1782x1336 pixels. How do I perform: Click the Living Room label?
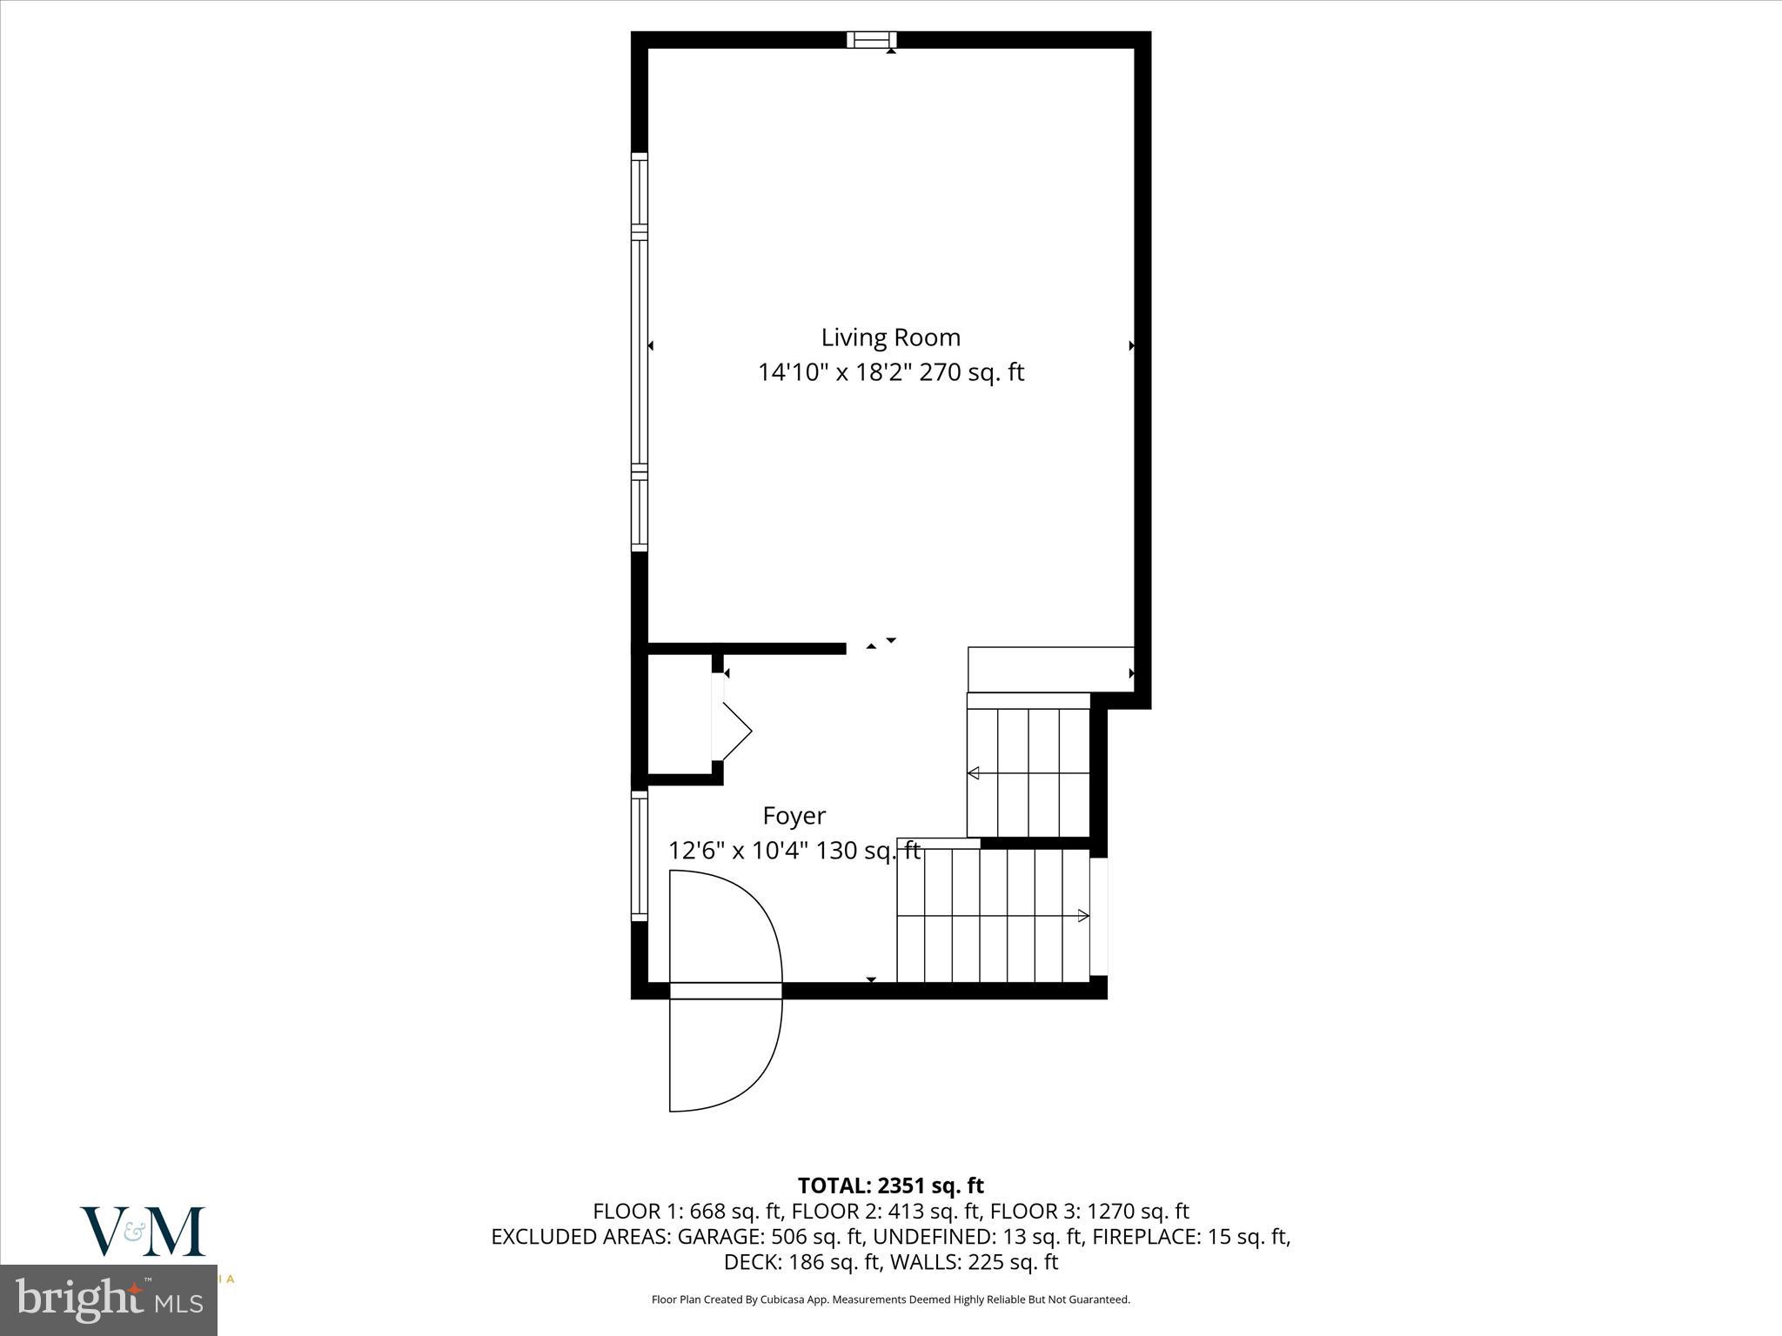(x=890, y=337)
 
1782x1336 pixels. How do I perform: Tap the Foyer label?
(x=794, y=816)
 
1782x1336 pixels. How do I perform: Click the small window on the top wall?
(x=871, y=39)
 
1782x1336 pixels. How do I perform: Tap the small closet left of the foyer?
(x=680, y=713)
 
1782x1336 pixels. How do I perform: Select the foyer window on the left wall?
(x=640, y=855)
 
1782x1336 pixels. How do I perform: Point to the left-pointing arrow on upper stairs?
(x=974, y=773)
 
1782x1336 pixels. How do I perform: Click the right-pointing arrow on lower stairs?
(x=1083, y=915)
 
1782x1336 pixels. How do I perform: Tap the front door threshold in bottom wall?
(x=725, y=991)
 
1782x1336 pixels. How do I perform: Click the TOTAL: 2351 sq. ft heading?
(x=890, y=1186)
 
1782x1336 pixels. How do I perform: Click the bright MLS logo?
(x=109, y=1300)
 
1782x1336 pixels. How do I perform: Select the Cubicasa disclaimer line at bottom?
(x=890, y=1299)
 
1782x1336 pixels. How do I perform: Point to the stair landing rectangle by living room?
(x=1050, y=669)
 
